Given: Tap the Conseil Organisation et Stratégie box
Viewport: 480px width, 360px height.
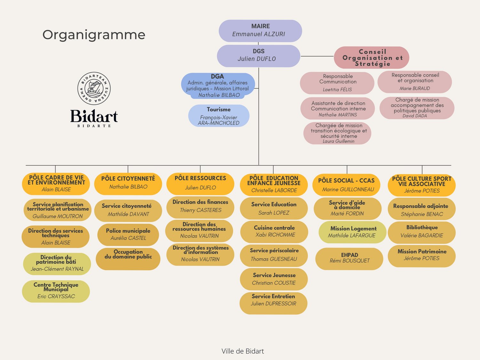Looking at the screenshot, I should point(371,58).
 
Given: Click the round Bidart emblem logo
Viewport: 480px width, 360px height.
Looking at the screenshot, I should point(94,88).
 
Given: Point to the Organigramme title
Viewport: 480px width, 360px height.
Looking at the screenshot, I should point(94,35).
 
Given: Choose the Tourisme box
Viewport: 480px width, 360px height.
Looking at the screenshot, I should point(219,116).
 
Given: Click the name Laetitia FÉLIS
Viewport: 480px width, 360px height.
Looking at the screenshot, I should point(337,90).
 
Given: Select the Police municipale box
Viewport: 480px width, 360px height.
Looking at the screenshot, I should point(128,235).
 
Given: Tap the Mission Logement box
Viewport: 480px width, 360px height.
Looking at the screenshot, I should point(352,232).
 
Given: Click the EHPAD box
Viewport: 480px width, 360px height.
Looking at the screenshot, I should point(349,258).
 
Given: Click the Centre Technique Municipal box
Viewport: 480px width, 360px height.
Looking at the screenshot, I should point(56,291).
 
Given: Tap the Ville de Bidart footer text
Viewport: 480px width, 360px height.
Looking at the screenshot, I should point(243,351).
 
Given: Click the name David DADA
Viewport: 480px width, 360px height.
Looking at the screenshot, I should point(414,116).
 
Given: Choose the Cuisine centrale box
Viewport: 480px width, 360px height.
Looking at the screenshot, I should point(274,231).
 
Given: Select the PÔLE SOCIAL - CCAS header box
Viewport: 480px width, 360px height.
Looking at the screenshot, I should point(346,185).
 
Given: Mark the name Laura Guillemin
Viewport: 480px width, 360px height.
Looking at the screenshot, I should point(338,141).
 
